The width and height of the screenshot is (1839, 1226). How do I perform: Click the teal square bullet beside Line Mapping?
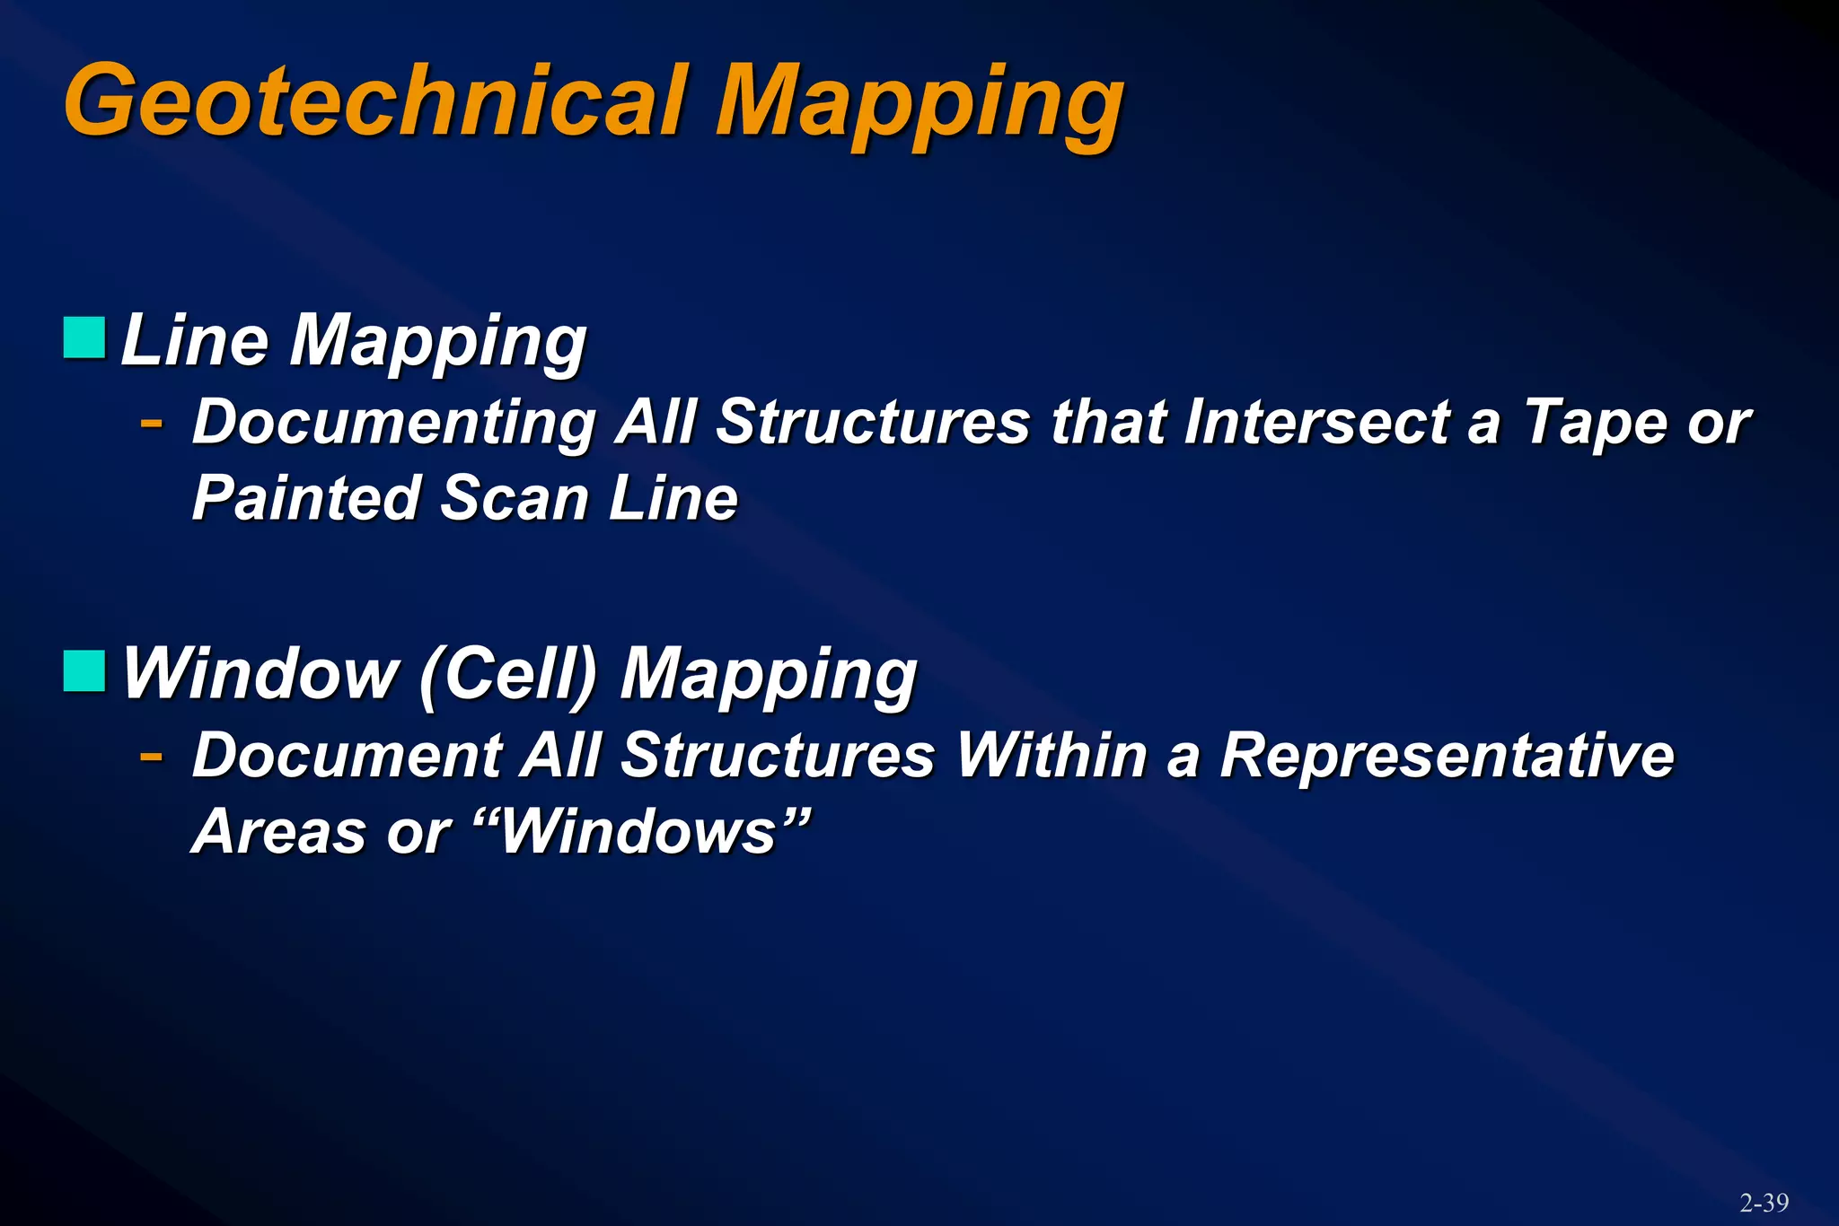(85, 337)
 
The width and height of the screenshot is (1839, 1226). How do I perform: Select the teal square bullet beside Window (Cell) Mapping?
(85, 670)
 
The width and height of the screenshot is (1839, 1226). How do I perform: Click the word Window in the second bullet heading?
(260, 674)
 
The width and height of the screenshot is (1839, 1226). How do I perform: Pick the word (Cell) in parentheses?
(508, 674)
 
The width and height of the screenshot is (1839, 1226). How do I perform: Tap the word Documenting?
(394, 422)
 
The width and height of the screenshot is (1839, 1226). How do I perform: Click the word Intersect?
(1315, 422)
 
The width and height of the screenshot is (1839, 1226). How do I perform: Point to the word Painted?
(306, 498)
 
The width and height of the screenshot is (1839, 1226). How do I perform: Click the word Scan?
(513, 498)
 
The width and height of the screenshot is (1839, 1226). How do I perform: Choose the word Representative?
(1447, 756)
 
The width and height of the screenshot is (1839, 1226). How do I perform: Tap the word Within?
(1051, 756)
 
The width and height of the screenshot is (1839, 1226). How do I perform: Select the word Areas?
(279, 832)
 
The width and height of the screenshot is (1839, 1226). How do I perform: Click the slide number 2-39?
(1764, 1203)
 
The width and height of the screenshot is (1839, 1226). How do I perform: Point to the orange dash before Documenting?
(152, 421)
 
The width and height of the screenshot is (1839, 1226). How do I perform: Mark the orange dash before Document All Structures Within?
(152, 755)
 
